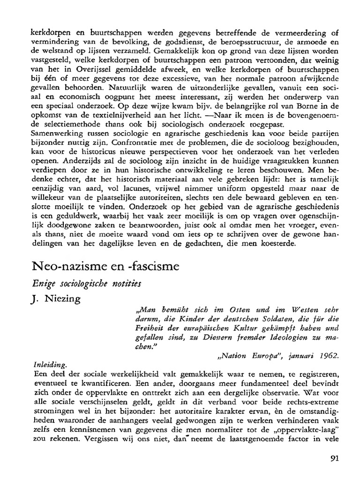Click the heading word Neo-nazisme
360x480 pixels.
point(68,267)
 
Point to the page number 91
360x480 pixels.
point(334,458)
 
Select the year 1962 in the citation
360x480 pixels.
point(327,355)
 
